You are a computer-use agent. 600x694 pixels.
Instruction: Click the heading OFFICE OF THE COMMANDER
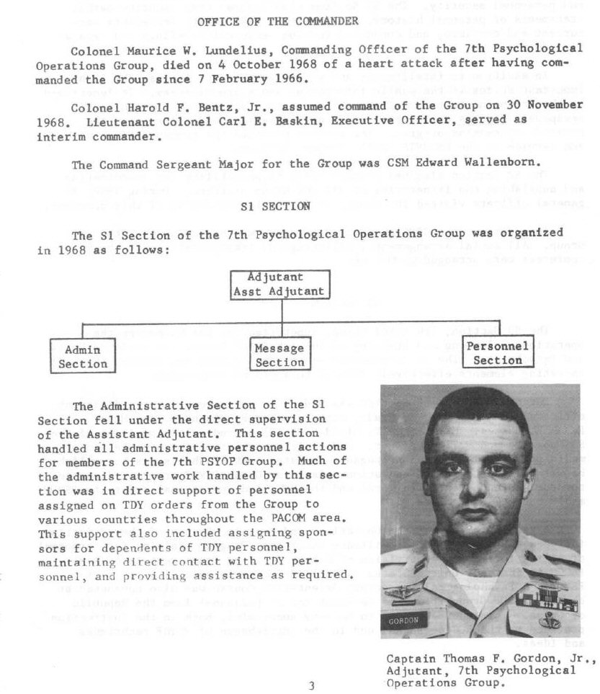click(277, 21)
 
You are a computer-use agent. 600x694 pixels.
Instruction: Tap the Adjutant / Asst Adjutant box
click(279, 285)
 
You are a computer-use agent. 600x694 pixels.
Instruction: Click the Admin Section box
click(82, 357)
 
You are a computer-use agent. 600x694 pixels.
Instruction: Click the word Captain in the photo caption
click(408, 657)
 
